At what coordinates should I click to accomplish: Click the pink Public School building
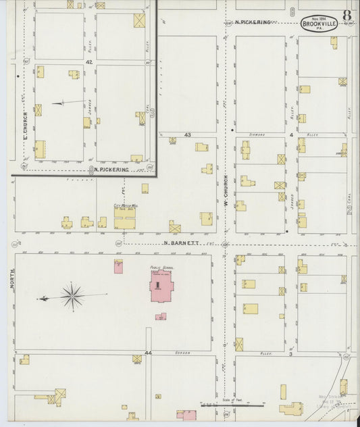pyautogui.click(x=160, y=289)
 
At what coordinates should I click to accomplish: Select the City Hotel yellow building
pyautogui.click(x=124, y=220)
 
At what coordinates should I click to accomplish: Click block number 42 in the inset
pyautogui.click(x=88, y=61)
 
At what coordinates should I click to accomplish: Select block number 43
pyautogui.click(x=187, y=134)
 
